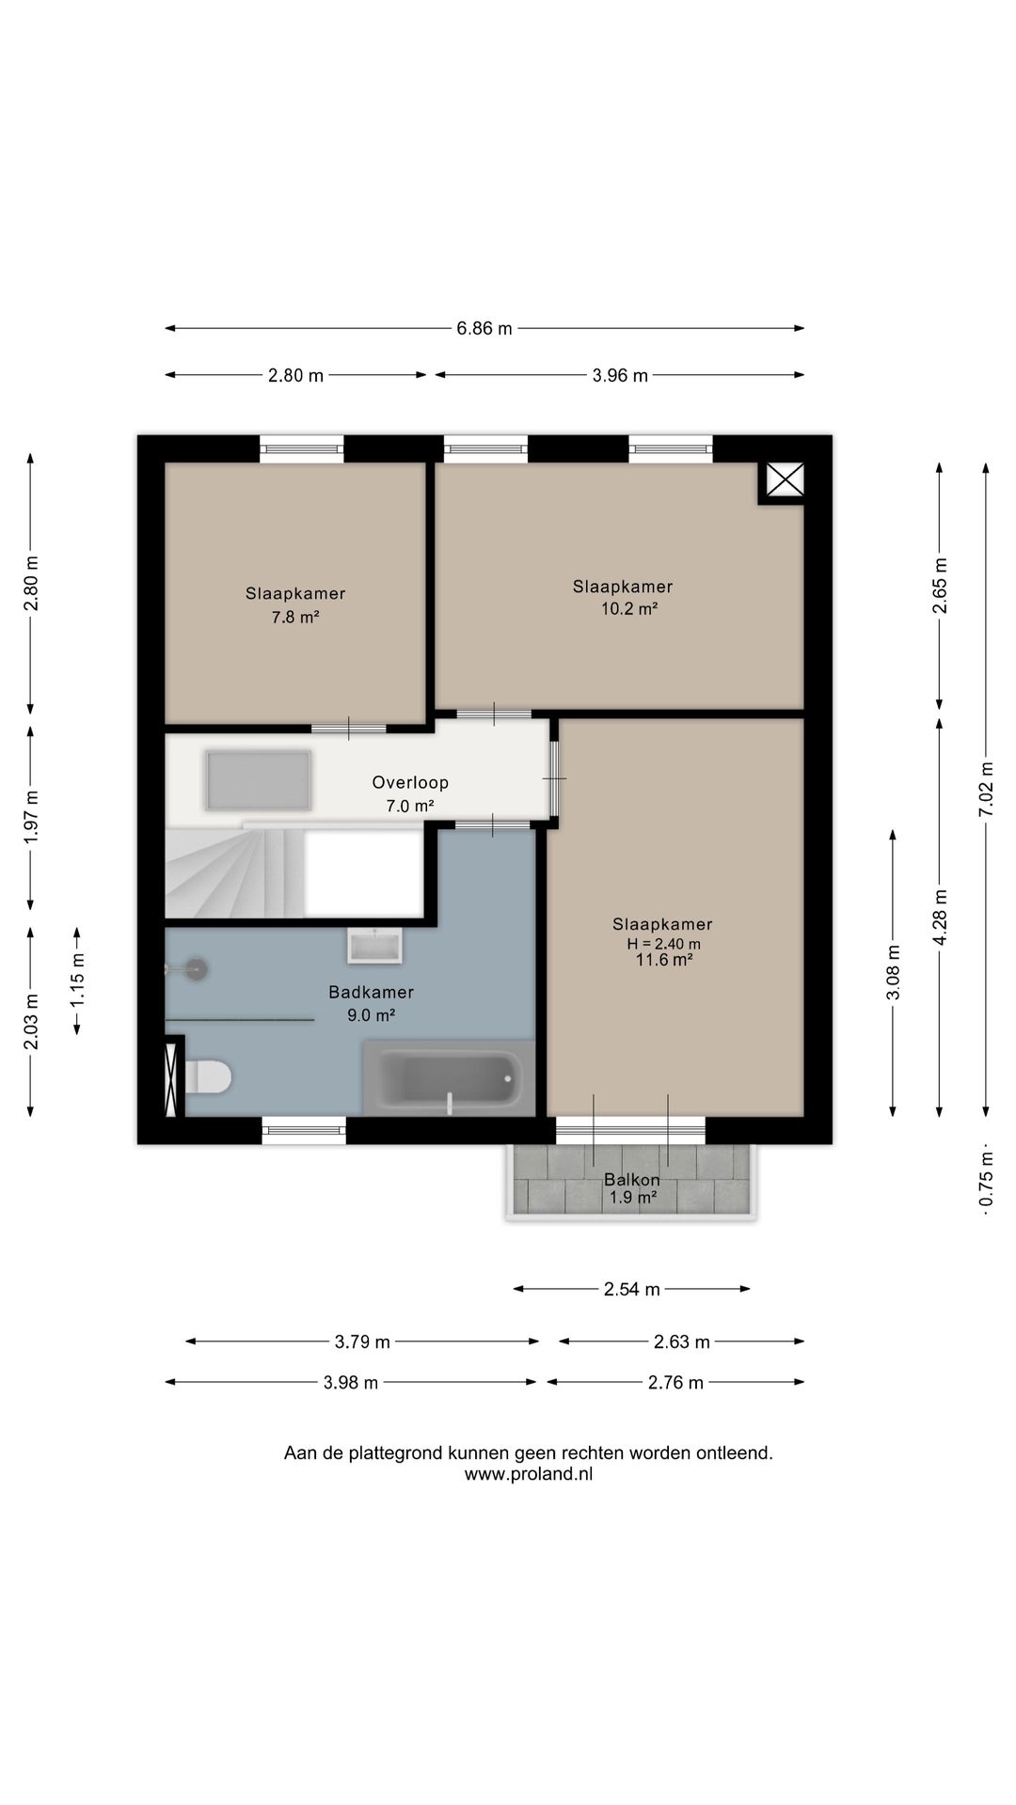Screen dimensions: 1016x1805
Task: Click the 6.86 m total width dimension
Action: pyautogui.click(x=484, y=328)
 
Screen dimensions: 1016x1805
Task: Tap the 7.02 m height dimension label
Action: pyautogui.click(x=986, y=789)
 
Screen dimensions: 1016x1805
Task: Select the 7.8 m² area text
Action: pyautogui.click(x=295, y=617)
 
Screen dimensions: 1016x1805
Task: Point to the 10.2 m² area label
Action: pyautogui.click(x=629, y=608)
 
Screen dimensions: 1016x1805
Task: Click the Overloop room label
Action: pyautogui.click(x=410, y=782)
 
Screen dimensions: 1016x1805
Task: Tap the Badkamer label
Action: pyautogui.click(x=371, y=992)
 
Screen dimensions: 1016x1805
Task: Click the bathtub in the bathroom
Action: pyautogui.click(x=449, y=1078)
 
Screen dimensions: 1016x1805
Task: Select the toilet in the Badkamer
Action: pyautogui.click(x=207, y=1077)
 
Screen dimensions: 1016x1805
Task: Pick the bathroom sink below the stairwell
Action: pyautogui.click(x=374, y=946)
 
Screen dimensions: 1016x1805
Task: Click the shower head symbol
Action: pyautogui.click(x=195, y=967)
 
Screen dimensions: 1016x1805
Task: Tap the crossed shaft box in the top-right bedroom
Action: pyautogui.click(x=785, y=480)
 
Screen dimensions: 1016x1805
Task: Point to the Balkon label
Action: pyautogui.click(x=632, y=1180)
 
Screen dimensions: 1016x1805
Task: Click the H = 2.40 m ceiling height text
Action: pyautogui.click(x=663, y=944)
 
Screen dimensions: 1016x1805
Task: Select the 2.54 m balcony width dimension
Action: pyautogui.click(x=631, y=1289)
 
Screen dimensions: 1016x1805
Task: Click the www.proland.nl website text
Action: pyautogui.click(x=529, y=1474)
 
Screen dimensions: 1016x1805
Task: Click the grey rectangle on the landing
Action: pyautogui.click(x=259, y=780)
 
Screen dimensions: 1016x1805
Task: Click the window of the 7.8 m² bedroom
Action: pyautogui.click(x=302, y=448)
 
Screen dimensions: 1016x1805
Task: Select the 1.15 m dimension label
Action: pyautogui.click(x=77, y=981)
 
